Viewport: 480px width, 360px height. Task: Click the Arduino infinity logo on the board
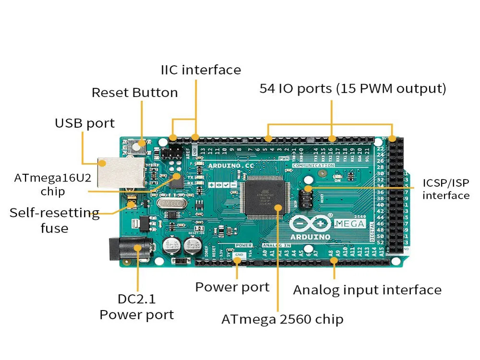point(310,224)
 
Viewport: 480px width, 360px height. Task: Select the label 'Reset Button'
point(134,92)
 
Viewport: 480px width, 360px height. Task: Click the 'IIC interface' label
point(201,70)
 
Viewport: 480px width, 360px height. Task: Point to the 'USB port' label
point(84,123)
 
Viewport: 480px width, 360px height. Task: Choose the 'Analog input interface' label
point(367,290)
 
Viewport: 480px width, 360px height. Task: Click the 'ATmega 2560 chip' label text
point(282,319)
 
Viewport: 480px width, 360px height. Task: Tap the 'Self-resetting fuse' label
point(54,220)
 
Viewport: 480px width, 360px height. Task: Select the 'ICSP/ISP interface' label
point(446,189)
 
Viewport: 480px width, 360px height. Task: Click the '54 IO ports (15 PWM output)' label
point(353,89)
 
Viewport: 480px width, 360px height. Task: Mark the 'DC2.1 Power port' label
point(137,307)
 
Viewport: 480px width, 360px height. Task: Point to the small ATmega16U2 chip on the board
point(176,181)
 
